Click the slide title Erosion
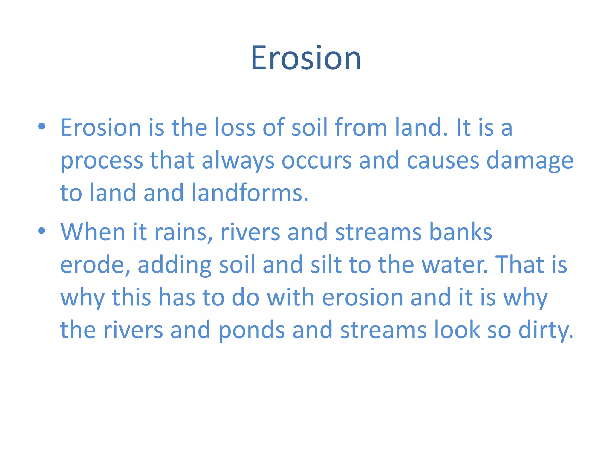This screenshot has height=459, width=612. coord(306,58)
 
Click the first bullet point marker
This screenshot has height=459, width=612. coord(42,127)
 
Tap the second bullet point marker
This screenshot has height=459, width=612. coord(42,231)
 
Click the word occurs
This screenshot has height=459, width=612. coord(316,160)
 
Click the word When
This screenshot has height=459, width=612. coord(93,232)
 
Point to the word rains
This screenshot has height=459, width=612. coord(183,232)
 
